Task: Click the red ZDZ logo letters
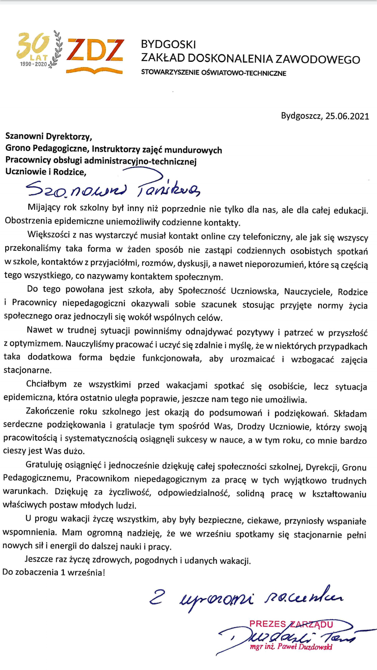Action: [x=95, y=50]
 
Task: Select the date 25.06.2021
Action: [x=347, y=116]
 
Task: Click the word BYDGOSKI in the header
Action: [x=168, y=44]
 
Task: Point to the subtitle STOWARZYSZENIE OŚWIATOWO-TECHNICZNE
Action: [x=213, y=73]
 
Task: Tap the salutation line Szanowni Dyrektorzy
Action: [x=49, y=135]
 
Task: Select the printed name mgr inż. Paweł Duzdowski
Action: [x=291, y=646]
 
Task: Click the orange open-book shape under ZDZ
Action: [x=94, y=70]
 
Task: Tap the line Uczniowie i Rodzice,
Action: [x=46, y=172]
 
